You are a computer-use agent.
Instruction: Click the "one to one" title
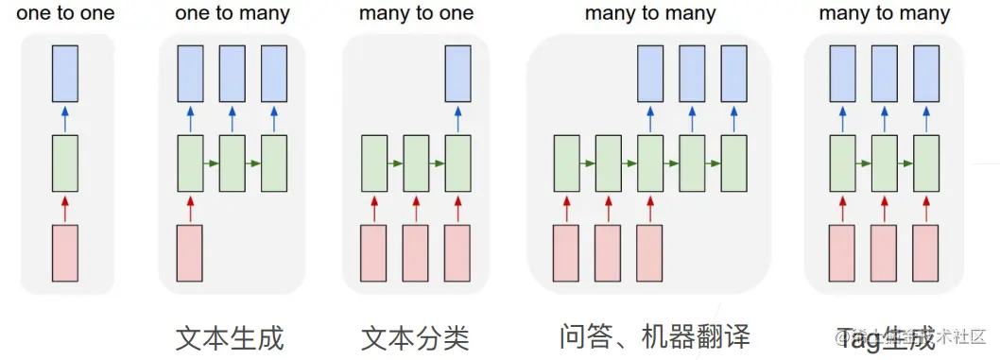pos(65,14)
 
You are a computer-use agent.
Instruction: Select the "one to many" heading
pos(233,14)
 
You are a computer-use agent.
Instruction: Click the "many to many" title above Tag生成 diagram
pos(885,14)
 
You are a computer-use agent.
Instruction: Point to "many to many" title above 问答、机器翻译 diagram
pos(650,14)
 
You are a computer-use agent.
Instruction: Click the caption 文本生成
pos(230,336)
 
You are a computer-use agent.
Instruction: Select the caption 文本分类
pos(415,336)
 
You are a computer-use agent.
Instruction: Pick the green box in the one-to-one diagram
pos(65,163)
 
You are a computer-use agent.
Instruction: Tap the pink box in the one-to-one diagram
pos(65,253)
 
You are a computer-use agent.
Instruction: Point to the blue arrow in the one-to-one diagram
pos(65,118)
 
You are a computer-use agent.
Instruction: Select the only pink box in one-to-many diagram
pos(190,253)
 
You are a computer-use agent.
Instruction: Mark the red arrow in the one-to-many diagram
pos(190,209)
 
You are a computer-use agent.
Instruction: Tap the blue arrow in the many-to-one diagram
pos(457,118)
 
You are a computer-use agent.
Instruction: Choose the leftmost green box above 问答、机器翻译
pos(566,163)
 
